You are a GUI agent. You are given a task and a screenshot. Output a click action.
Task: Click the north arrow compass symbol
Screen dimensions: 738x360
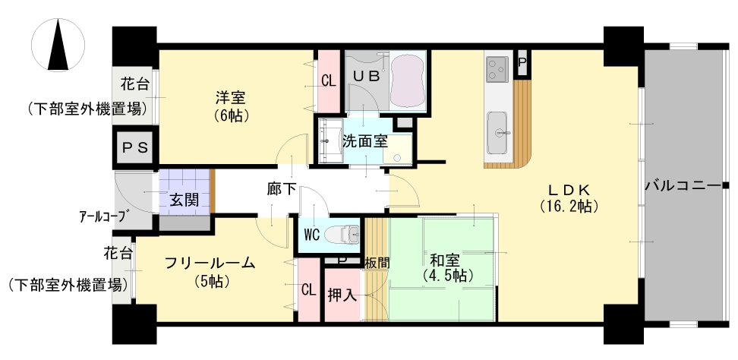[x=58, y=46]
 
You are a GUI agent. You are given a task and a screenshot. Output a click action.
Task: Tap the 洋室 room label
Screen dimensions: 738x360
[x=230, y=98]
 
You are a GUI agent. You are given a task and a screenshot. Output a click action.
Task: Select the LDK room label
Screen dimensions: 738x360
[x=569, y=190]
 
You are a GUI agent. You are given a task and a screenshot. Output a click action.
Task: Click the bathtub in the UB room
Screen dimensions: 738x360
[x=408, y=81]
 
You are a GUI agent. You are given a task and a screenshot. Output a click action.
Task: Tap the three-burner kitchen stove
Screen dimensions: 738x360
[x=497, y=68]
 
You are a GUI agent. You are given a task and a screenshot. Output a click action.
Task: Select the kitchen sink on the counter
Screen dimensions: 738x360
[x=497, y=133]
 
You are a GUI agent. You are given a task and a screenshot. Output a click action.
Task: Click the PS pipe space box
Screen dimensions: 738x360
[x=135, y=148]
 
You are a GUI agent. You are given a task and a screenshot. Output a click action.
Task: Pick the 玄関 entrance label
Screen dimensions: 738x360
[x=184, y=200]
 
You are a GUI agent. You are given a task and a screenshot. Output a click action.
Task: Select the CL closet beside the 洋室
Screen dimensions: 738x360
[x=329, y=81]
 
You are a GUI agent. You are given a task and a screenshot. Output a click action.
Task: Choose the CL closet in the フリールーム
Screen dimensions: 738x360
[x=309, y=290]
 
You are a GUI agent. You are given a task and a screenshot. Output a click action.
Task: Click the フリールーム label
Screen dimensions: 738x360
[x=210, y=263]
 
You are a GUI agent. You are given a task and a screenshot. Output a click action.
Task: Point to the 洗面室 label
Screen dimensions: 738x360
[x=364, y=141]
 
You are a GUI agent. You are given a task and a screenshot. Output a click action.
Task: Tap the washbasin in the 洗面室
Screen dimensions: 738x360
[x=330, y=141]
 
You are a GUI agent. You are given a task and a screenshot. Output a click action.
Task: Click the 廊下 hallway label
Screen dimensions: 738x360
[x=282, y=189]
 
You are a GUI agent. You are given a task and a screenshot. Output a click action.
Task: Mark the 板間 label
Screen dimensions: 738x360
[x=377, y=263]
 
